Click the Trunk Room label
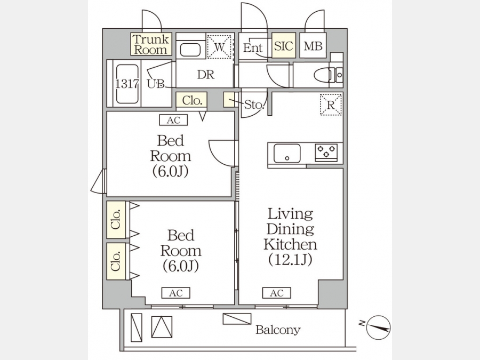(151, 44)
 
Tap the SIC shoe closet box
(284, 45)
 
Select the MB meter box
(313, 45)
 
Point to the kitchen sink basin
(287, 154)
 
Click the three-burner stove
(326, 152)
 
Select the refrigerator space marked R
(331, 105)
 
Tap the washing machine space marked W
(219, 46)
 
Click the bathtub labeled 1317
(127, 84)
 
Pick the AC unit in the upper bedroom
(173, 121)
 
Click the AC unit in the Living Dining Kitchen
(276, 293)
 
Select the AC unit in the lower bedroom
(175, 293)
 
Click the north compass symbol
(378, 327)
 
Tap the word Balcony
(278, 330)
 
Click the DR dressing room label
(206, 74)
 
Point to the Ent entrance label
(253, 48)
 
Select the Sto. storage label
(254, 105)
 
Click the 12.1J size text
(290, 260)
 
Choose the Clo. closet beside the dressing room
(191, 100)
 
